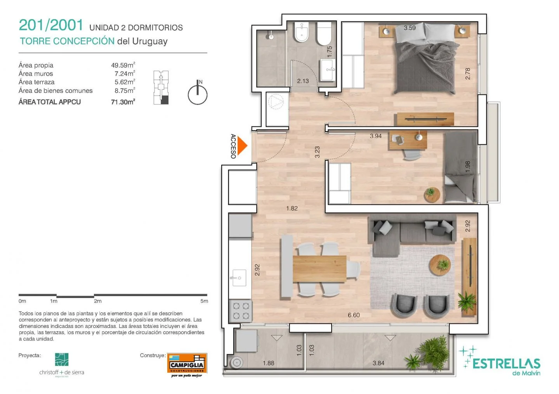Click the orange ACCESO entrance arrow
(x=242, y=146)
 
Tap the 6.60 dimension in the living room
(x=354, y=315)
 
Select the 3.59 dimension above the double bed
(x=410, y=28)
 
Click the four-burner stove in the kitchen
(x=241, y=311)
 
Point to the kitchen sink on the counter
(x=239, y=278)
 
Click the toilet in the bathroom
(x=324, y=33)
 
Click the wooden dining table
(x=319, y=269)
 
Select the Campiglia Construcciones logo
(x=187, y=365)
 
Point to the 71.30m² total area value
(x=123, y=102)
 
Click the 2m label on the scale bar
(x=97, y=301)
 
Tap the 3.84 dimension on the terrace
(x=378, y=363)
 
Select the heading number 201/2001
(x=51, y=25)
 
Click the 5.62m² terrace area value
(x=125, y=82)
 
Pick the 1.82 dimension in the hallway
(x=292, y=208)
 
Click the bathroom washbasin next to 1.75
(x=328, y=70)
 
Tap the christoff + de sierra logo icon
(x=62, y=359)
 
